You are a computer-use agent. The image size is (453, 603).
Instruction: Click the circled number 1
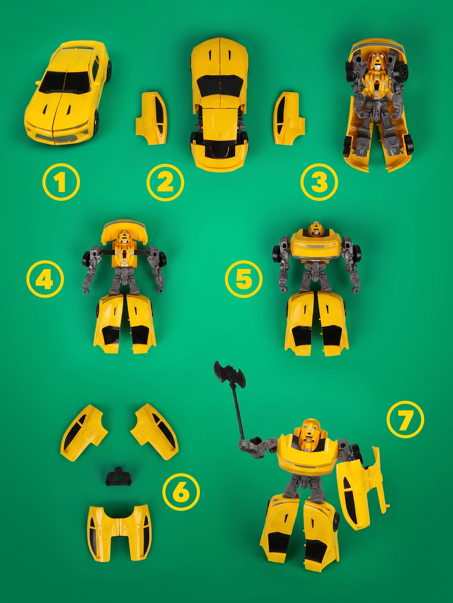coord(61,182)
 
